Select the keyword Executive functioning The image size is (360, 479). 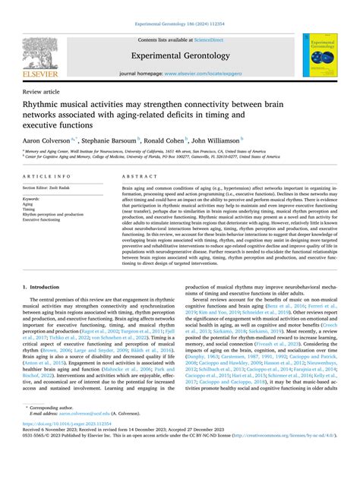pyautogui.click(x=44, y=220)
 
